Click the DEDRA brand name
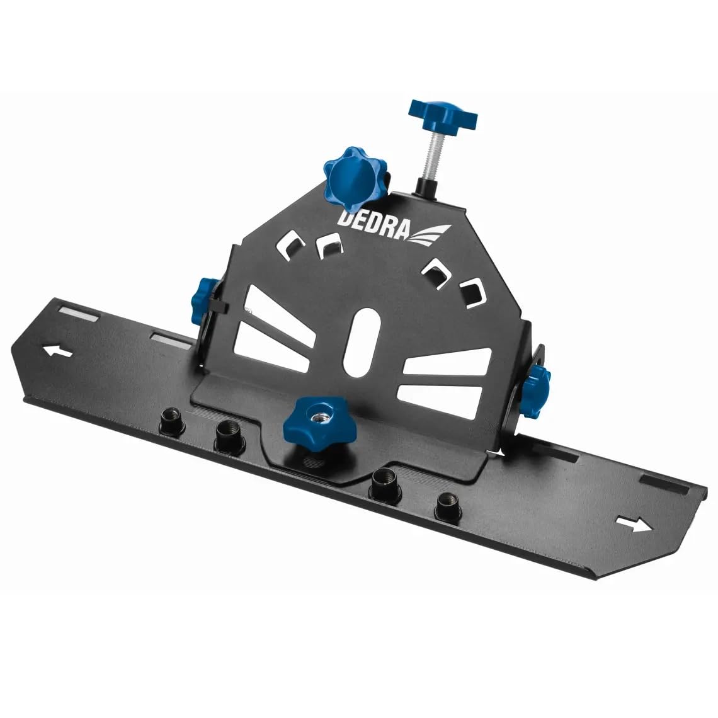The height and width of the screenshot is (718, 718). pyautogui.click(x=374, y=220)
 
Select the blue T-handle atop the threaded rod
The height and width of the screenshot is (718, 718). pyautogui.click(x=443, y=115)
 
